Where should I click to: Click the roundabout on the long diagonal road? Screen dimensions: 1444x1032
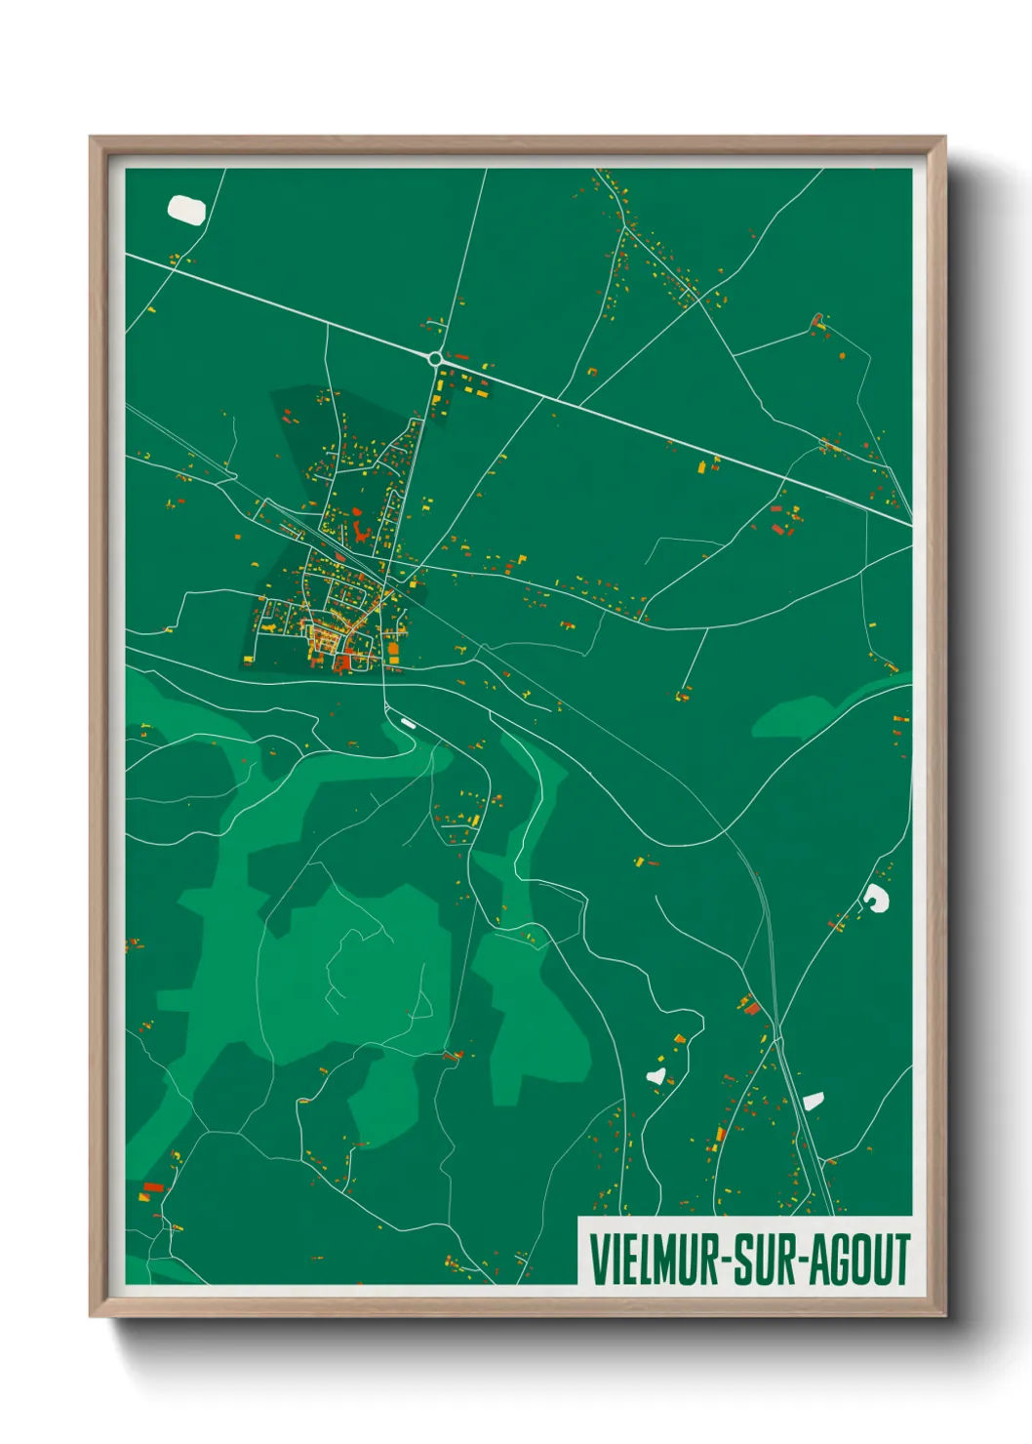(435, 359)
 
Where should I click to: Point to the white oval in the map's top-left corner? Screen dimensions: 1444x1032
(186, 208)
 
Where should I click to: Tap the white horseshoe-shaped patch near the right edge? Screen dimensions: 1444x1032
(876, 898)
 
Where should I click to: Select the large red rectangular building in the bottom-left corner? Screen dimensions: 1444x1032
(153, 1187)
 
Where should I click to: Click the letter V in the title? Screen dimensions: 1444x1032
(598, 1260)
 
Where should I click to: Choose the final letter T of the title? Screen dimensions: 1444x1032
(901, 1260)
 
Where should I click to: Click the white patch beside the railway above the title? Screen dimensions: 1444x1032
(813, 1101)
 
